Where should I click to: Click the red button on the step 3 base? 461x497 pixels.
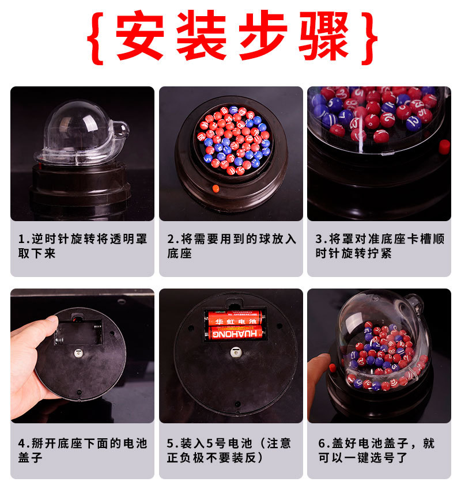[444, 147]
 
